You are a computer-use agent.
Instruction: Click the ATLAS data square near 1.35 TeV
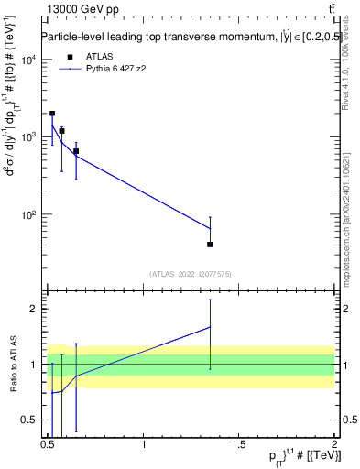210,245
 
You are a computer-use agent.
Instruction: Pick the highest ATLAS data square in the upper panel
52,114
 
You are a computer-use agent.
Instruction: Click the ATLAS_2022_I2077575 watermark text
190,273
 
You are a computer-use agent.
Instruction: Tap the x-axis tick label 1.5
239,444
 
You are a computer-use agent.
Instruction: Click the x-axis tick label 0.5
48,444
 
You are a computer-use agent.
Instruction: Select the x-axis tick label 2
334,444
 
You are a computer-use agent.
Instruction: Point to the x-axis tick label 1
144,444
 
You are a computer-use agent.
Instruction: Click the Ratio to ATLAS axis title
12,364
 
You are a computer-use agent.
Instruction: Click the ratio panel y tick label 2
35,309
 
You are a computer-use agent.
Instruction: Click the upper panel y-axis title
12,137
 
